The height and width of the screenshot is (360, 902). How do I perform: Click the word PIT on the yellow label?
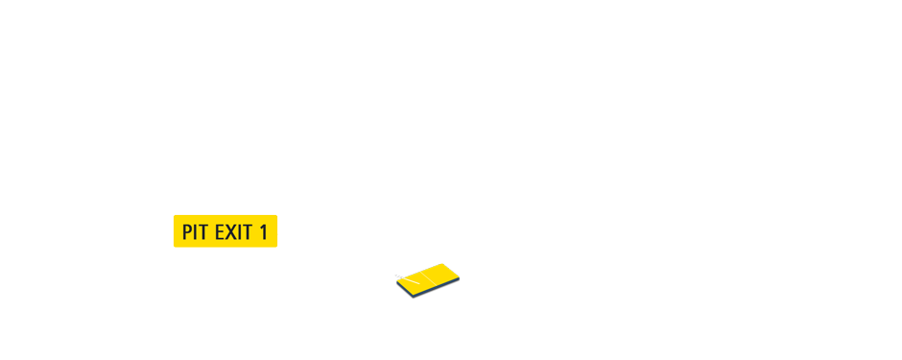pos(196,232)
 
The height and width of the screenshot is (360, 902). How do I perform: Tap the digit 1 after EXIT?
pos(264,232)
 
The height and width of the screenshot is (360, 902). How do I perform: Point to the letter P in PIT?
pos(188,232)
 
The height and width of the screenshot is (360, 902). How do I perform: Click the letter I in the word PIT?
pos(198,232)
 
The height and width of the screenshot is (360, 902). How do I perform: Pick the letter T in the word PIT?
pos(205,232)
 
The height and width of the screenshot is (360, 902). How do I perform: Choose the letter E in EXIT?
pos(219,232)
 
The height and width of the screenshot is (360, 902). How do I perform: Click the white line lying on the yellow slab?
pos(411,282)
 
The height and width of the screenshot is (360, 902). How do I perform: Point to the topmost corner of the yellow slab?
pos(443,264)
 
